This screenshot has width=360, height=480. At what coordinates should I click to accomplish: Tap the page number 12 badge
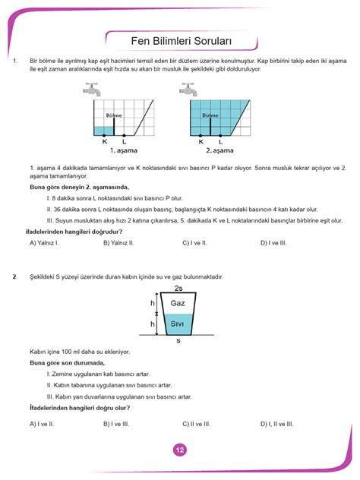pyautogui.click(x=180, y=450)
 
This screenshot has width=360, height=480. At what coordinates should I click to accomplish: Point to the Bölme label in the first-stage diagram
pyautogui.click(x=114, y=115)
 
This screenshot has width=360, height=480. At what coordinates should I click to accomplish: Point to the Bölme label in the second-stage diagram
pyautogui.click(x=210, y=115)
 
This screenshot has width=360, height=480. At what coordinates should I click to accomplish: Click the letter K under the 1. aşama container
pyautogui.click(x=105, y=141)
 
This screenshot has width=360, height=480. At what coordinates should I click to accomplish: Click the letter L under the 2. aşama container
pyautogui.click(x=221, y=141)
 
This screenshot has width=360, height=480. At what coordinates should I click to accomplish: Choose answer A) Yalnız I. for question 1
pyautogui.click(x=44, y=243)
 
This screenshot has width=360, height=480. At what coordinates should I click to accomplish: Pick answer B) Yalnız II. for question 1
pyautogui.click(x=119, y=243)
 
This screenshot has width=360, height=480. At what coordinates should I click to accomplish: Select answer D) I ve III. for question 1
pyautogui.click(x=273, y=243)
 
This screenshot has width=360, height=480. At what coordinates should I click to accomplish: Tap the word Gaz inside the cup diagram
pyautogui.click(x=178, y=303)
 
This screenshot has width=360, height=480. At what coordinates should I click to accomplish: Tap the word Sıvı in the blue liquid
pyautogui.click(x=178, y=324)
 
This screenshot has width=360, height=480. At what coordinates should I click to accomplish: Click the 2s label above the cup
pyautogui.click(x=178, y=289)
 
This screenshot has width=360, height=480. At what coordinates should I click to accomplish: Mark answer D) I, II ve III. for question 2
pyautogui.click(x=277, y=424)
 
